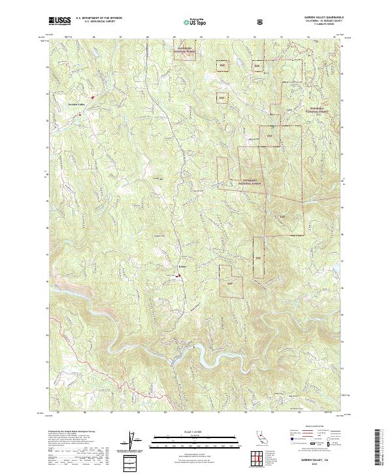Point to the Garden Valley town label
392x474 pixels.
point(77,105)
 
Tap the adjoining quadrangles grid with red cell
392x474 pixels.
point(259,460)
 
